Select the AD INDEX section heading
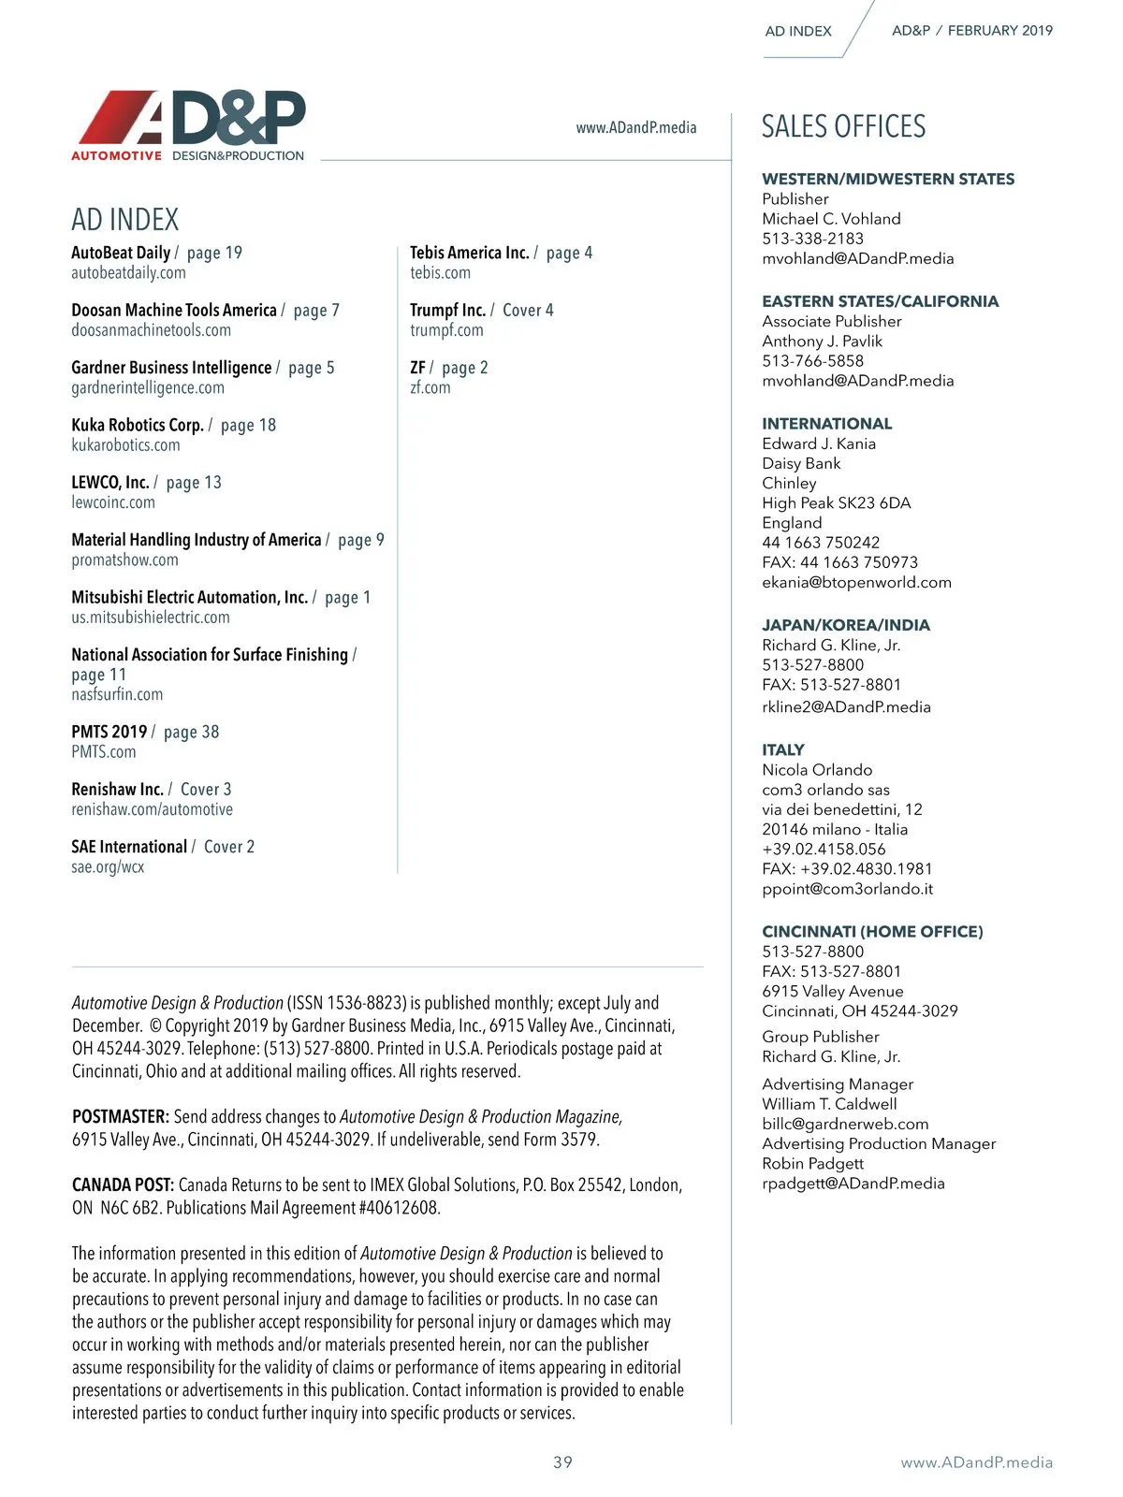(x=124, y=220)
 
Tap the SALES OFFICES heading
(x=843, y=126)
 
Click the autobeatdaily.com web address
(x=128, y=273)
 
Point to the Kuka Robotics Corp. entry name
(x=137, y=425)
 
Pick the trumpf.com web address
(x=446, y=330)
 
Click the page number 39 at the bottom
(x=562, y=1461)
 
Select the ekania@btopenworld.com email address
(x=856, y=582)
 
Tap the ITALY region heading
(x=783, y=749)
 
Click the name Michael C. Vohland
(x=831, y=219)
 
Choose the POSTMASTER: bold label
(x=121, y=1116)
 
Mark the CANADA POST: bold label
(x=123, y=1185)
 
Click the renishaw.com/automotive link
(x=152, y=809)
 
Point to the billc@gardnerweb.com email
(x=845, y=1124)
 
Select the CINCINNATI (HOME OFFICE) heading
(x=872, y=931)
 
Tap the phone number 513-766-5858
(x=812, y=361)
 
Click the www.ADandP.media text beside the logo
(x=635, y=127)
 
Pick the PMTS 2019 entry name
(x=109, y=732)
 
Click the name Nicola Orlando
(x=817, y=770)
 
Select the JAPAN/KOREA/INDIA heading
(x=846, y=625)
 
